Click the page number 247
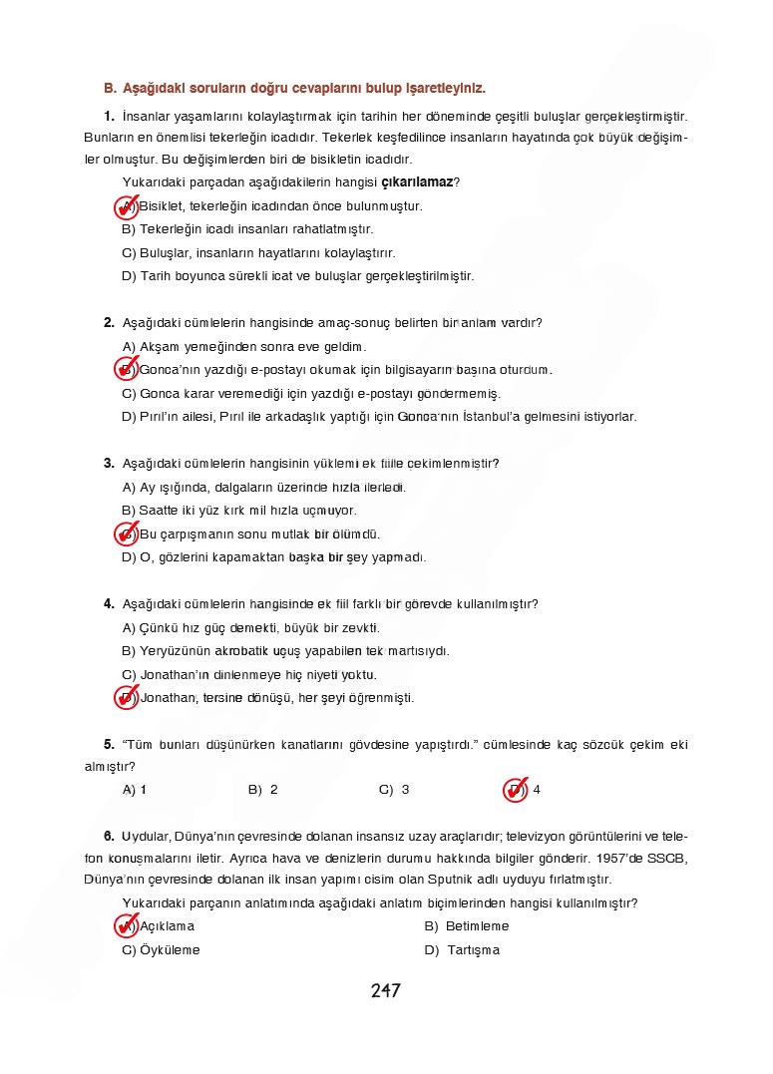(385, 991)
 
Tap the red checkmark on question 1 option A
(126, 206)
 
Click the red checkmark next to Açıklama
(126, 926)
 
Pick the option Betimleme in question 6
(466, 926)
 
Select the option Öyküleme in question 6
(161, 950)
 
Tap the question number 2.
(109, 322)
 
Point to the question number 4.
(109, 604)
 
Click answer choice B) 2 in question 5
(262, 790)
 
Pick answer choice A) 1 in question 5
(135, 790)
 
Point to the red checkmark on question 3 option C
(126, 535)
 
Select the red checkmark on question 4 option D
(126, 698)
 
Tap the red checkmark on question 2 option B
(126, 370)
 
